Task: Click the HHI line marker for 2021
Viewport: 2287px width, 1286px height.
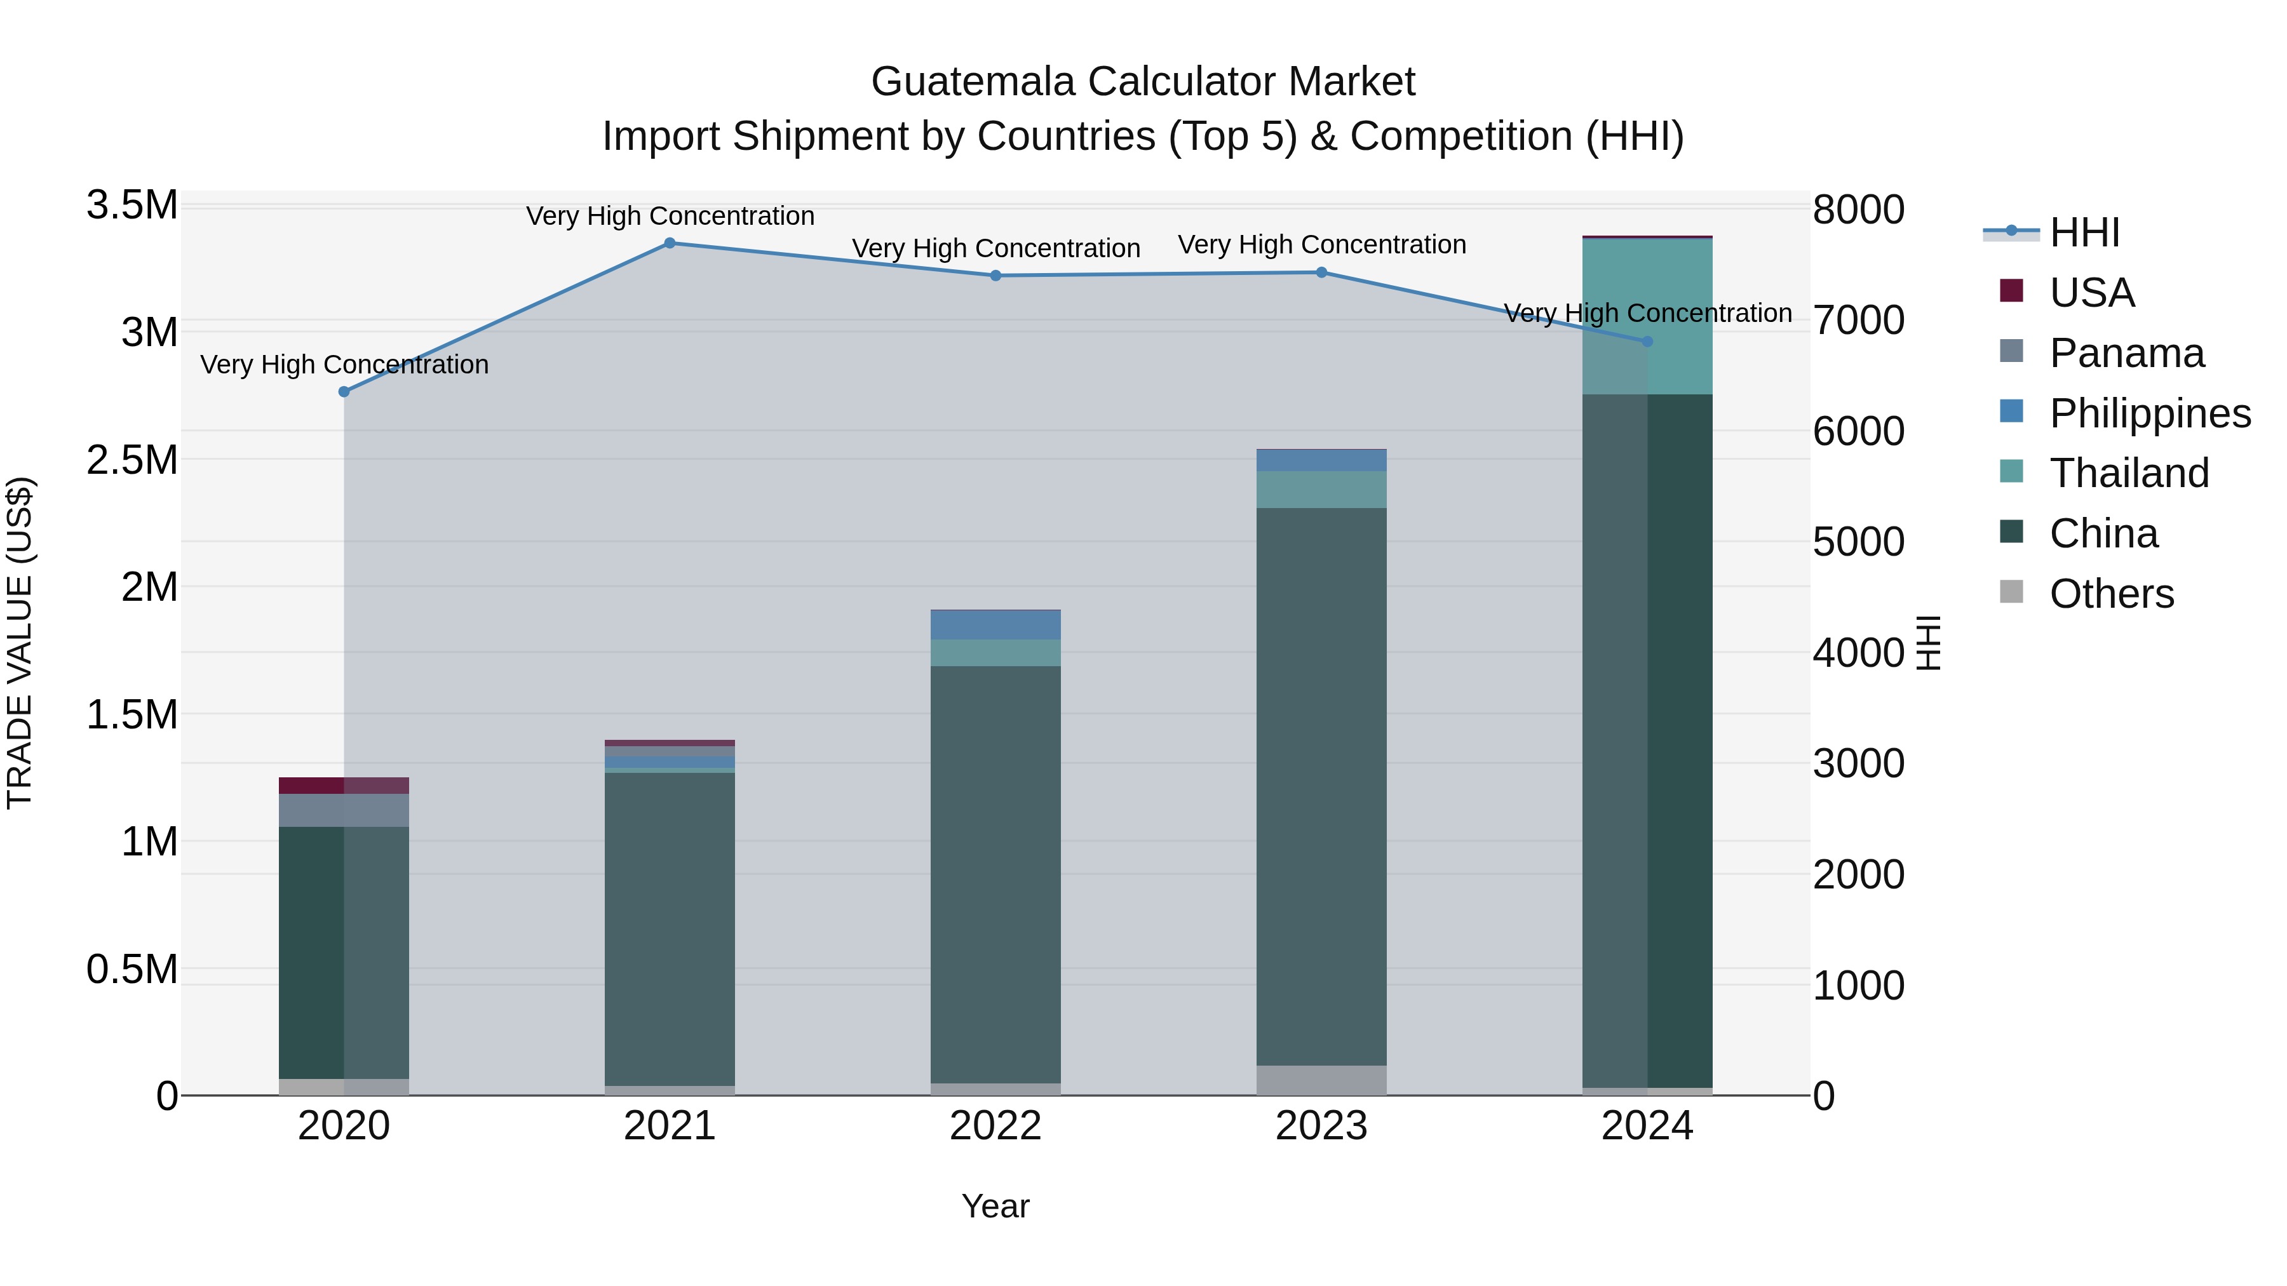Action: click(670, 243)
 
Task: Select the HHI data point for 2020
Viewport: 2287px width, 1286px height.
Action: click(344, 391)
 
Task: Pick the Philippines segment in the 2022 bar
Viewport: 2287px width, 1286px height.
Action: click(995, 626)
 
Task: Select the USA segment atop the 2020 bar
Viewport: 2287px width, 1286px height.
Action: click(344, 786)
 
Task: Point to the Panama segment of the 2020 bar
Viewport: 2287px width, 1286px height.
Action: click(344, 810)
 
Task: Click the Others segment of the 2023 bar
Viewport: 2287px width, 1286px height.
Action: click(1321, 1080)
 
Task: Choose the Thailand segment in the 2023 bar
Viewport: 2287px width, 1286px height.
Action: click(1321, 490)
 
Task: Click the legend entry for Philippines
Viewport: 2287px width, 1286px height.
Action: click(2149, 413)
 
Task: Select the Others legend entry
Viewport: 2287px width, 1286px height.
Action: click(2111, 594)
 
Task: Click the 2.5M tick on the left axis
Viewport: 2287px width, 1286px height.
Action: click(132, 460)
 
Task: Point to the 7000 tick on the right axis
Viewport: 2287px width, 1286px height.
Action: click(1858, 321)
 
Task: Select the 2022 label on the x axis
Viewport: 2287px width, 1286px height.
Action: click(995, 1126)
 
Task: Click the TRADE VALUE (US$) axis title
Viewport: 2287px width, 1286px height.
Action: click(20, 643)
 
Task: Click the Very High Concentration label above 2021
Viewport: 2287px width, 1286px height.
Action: click(670, 216)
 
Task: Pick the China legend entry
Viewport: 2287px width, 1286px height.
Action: click(2102, 533)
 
